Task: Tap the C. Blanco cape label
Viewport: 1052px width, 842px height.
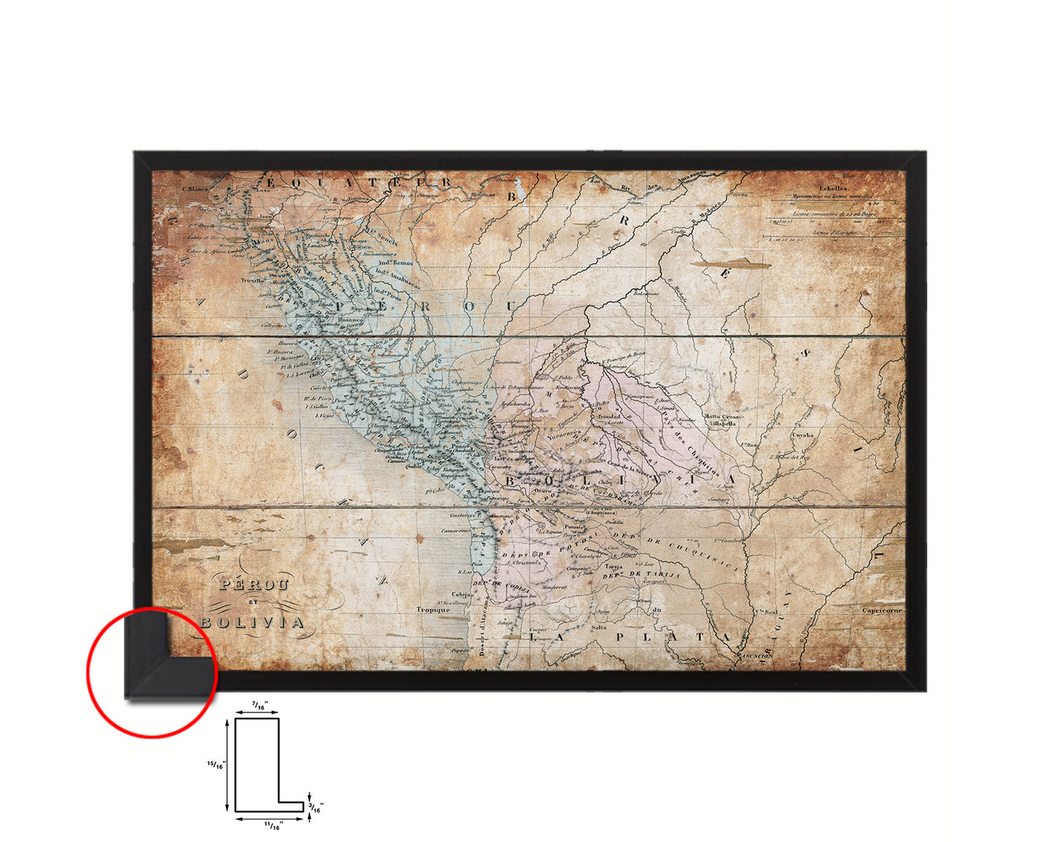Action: pos(194,189)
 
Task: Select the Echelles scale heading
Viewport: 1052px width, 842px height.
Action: pos(833,188)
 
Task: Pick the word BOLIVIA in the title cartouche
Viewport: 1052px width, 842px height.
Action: pos(252,623)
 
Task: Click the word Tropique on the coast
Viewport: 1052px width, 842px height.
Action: pos(432,610)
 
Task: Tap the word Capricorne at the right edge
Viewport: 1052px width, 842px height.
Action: pos(882,610)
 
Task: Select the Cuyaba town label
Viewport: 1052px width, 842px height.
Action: pos(802,435)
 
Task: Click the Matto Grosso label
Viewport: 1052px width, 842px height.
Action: pos(721,417)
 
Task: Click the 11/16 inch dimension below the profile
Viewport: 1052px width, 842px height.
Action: pos(272,825)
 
